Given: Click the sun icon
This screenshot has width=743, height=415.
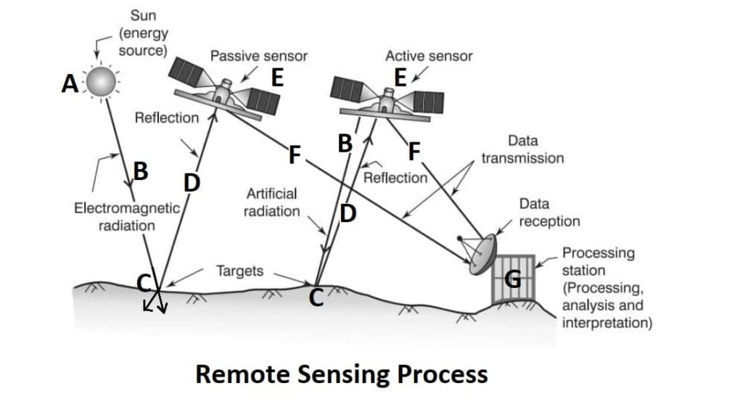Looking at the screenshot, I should tap(102, 83).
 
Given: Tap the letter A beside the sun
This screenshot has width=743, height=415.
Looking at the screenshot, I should tap(70, 85).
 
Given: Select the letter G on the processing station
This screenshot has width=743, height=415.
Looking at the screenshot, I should tap(512, 278).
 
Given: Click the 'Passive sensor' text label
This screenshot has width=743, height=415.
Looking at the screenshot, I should tap(258, 56).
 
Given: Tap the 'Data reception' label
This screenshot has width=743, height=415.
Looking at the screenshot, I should tap(549, 213).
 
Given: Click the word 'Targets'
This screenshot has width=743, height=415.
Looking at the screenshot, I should tap(239, 271).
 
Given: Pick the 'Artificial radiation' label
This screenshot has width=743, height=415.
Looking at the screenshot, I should tap(273, 203).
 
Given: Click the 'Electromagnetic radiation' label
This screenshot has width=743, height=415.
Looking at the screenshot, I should tap(127, 216).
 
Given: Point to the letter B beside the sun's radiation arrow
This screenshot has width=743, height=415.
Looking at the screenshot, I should tap(141, 172).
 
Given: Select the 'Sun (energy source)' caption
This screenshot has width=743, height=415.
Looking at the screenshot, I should tap(143, 33).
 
